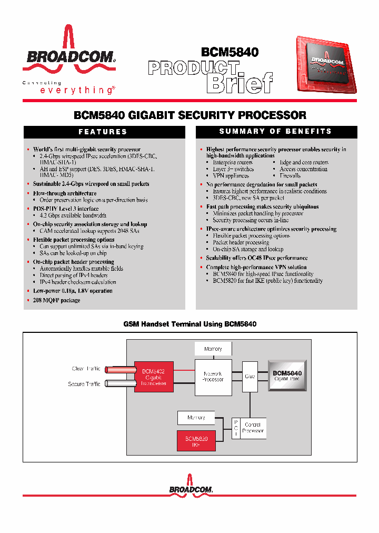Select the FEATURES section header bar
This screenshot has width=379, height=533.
[103, 132]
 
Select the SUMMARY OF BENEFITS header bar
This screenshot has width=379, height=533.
[276, 131]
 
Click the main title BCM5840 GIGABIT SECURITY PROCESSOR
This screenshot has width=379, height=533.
[190, 115]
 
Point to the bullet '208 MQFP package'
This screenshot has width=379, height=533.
[56, 300]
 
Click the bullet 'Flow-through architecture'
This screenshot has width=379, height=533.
[65, 193]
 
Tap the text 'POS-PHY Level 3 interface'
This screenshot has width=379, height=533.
[66, 209]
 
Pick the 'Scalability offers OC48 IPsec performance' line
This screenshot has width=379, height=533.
[257, 258]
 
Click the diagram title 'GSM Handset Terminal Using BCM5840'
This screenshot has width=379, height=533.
[189, 324]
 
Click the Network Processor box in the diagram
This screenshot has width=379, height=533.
[213, 377]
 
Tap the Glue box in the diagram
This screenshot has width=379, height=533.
[250, 377]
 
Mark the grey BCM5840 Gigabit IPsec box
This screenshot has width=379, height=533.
[287, 376]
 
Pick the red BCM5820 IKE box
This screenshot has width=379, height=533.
[196, 441]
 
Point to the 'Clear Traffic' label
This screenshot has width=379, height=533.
[86, 369]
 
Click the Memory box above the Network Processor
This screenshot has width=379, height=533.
[213, 349]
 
